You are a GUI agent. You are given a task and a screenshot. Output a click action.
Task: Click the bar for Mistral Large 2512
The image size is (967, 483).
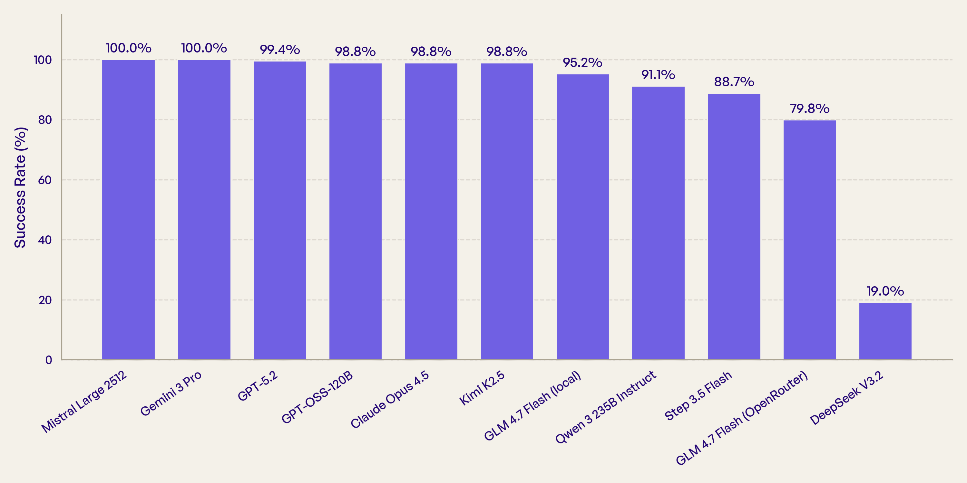click(x=128, y=210)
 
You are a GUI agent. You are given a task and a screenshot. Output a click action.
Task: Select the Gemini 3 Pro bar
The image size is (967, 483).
click(x=204, y=210)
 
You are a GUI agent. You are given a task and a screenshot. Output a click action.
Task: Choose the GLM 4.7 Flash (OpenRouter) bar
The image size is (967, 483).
click(x=809, y=240)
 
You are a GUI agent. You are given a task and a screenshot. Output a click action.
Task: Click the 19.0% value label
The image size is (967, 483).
click(x=885, y=291)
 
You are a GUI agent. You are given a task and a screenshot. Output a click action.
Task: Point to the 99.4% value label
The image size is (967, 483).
click(x=280, y=50)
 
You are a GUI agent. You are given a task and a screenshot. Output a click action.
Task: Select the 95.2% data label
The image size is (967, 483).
click(x=582, y=62)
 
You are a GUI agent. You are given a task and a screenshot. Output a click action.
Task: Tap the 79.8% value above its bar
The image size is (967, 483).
click(x=809, y=109)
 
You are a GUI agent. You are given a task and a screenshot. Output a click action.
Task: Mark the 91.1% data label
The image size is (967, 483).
click(x=658, y=75)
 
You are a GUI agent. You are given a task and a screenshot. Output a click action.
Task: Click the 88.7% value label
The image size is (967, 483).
click(x=734, y=82)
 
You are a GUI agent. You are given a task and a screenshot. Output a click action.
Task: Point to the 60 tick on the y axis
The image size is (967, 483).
click(x=45, y=180)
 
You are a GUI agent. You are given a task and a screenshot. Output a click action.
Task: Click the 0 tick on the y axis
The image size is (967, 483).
click(x=49, y=360)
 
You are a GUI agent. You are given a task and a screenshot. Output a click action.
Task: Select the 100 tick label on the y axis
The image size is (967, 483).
click(x=43, y=60)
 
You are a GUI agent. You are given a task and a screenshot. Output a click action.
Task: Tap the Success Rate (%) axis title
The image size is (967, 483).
click(x=20, y=187)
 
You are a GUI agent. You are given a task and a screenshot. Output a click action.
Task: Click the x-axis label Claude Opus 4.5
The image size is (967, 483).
click(x=389, y=399)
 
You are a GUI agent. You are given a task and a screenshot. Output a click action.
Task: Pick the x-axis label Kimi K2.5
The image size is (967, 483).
click(x=482, y=388)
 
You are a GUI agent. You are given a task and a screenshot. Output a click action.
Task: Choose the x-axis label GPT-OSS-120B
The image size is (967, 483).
click(x=317, y=397)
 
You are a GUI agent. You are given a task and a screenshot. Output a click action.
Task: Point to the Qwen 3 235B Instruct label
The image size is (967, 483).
click(x=605, y=407)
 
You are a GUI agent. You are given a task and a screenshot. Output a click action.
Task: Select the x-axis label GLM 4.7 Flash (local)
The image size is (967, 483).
click(x=532, y=406)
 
